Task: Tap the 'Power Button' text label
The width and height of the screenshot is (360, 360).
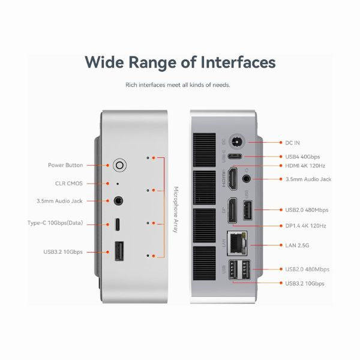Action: pyautogui.click(x=65, y=165)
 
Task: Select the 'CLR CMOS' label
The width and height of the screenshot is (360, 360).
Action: pyautogui.click(x=70, y=183)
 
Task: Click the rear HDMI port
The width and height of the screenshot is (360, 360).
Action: pyautogui.click(x=232, y=179)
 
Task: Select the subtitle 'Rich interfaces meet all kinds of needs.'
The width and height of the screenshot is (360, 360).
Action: pyautogui.click(x=178, y=85)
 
